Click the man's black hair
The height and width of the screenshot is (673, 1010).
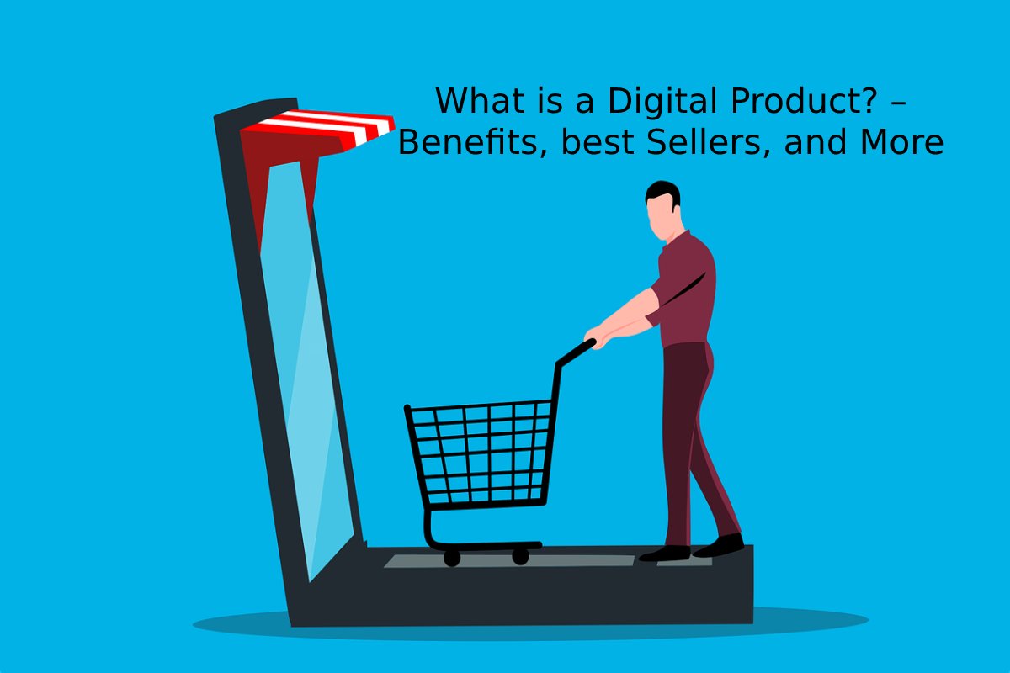coord(664,192)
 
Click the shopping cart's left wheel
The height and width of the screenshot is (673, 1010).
coord(452,557)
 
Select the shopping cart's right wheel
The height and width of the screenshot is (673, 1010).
coord(520,556)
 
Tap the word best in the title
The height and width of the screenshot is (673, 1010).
coord(591,143)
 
